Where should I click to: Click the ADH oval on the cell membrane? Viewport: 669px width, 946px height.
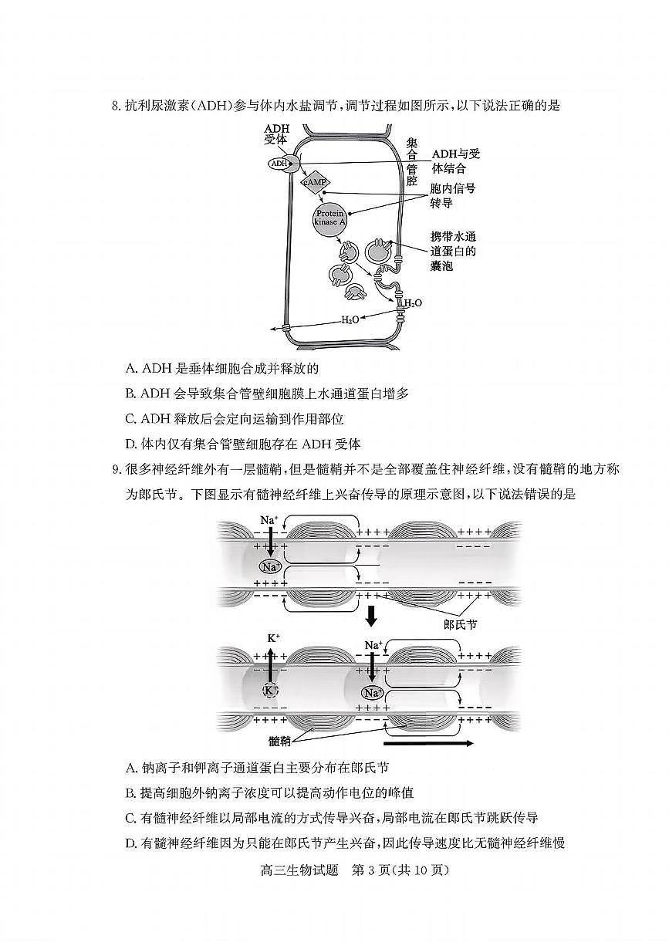279,164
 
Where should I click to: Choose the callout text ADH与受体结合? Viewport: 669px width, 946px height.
455,160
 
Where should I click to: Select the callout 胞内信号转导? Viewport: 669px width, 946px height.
451,195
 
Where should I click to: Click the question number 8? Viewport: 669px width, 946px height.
117,106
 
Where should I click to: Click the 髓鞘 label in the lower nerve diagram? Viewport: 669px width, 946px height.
279,741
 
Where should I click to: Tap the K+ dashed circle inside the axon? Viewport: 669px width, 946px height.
271,690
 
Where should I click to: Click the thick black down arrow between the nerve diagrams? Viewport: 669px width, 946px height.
371,616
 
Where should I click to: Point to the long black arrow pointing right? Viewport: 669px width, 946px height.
427,744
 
